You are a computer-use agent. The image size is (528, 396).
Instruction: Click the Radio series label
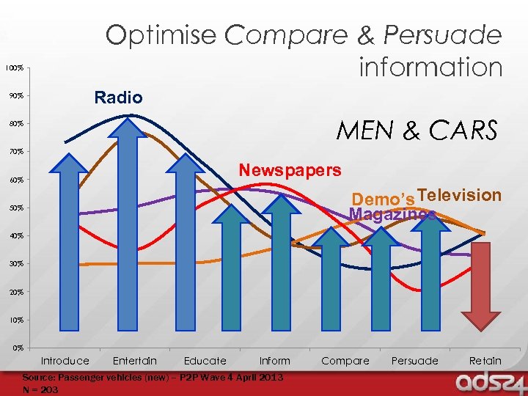click(x=118, y=98)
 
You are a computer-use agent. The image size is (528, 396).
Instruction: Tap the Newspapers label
click(x=290, y=170)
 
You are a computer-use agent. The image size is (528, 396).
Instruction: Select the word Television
click(x=460, y=195)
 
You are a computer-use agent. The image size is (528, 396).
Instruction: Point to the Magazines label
click(x=392, y=214)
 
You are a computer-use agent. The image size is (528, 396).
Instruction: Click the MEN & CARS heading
click(x=417, y=131)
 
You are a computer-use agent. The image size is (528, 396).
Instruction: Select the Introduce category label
click(x=65, y=361)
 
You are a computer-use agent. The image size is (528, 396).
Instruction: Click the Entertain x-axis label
click(x=135, y=361)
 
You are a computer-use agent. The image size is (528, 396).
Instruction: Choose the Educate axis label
click(x=205, y=361)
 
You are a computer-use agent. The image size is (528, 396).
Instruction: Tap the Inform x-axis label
click(x=275, y=361)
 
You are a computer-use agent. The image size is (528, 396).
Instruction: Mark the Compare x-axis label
click(x=345, y=361)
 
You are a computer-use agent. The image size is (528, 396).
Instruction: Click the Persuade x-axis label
click(x=415, y=361)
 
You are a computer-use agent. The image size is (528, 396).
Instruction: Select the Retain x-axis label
click(x=485, y=361)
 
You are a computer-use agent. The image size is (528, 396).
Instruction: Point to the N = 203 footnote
click(x=41, y=390)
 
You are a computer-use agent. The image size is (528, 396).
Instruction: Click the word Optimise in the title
click(x=161, y=35)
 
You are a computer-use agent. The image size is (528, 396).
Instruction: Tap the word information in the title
click(x=430, y=67)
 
